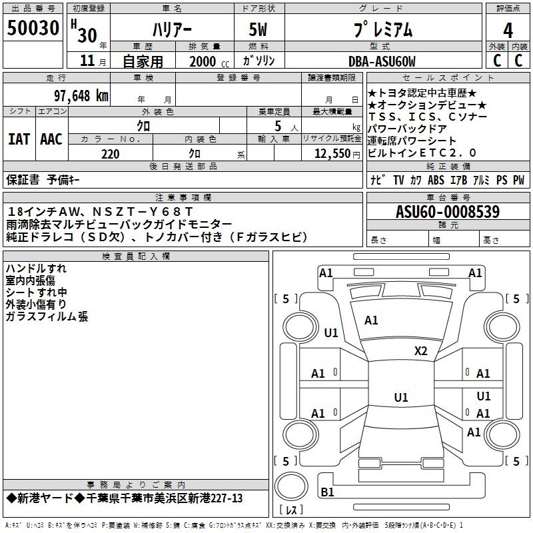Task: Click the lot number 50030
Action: (33, 28)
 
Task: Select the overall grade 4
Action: (508, 31)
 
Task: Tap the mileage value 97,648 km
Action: (81, 96)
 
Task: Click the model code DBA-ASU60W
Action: (382, 61)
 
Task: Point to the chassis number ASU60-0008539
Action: (448, 212)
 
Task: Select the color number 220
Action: (111, 154)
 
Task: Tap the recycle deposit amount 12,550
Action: (332, 154)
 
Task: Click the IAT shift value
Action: (19, 139)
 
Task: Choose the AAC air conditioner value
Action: (51, 139)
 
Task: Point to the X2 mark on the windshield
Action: (420, 351)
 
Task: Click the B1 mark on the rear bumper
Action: (327, 492)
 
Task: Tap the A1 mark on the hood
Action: (371, 320)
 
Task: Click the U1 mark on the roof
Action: (401, 397)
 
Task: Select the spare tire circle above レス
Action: (291, 486)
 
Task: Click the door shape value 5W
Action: (259, 29)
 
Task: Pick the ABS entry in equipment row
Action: (436, 180)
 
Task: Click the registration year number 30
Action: (87, 35)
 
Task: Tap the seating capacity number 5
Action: (278, 127)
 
